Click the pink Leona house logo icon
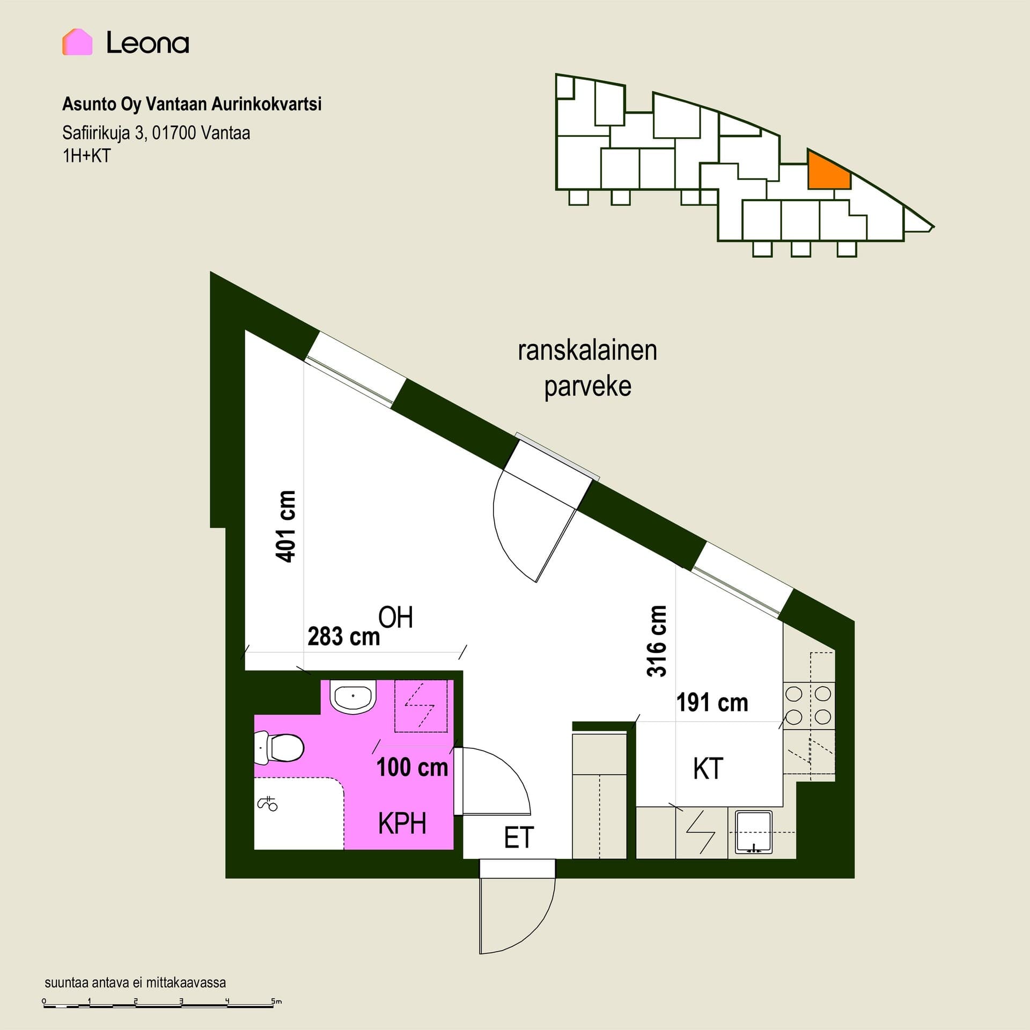[77, 42]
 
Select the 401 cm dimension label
[285, 526]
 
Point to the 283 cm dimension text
[344, 637]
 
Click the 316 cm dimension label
[657, 641]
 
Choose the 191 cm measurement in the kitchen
[712, 703]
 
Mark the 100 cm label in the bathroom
[412, 767]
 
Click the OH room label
[396, 617]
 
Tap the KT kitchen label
[708, 769]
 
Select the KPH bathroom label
[402, 823]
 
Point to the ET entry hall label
[519, 838]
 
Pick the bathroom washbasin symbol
[353, 696]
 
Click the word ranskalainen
[587, 350]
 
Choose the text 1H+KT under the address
[86, 156]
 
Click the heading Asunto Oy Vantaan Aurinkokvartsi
[192, 104]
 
